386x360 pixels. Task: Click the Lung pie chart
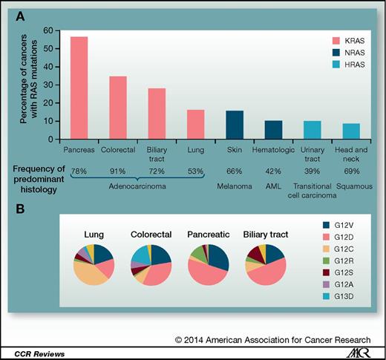89,262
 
